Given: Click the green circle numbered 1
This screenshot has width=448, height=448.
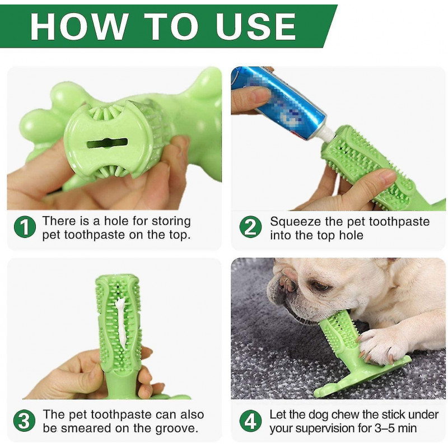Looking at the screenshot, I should pyautogui.click(x=25, y=227).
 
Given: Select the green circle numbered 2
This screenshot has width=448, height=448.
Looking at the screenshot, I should pyautogui.click(x=250, y=227).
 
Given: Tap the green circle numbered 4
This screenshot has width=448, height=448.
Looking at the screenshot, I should pyautogui.click(x=250, y=421).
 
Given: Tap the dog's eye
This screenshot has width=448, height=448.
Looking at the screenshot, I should pyautogui.click(x=320, y=287).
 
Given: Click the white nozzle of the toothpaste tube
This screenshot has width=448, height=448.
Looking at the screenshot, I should pyautogui.click(x=325, y=135).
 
